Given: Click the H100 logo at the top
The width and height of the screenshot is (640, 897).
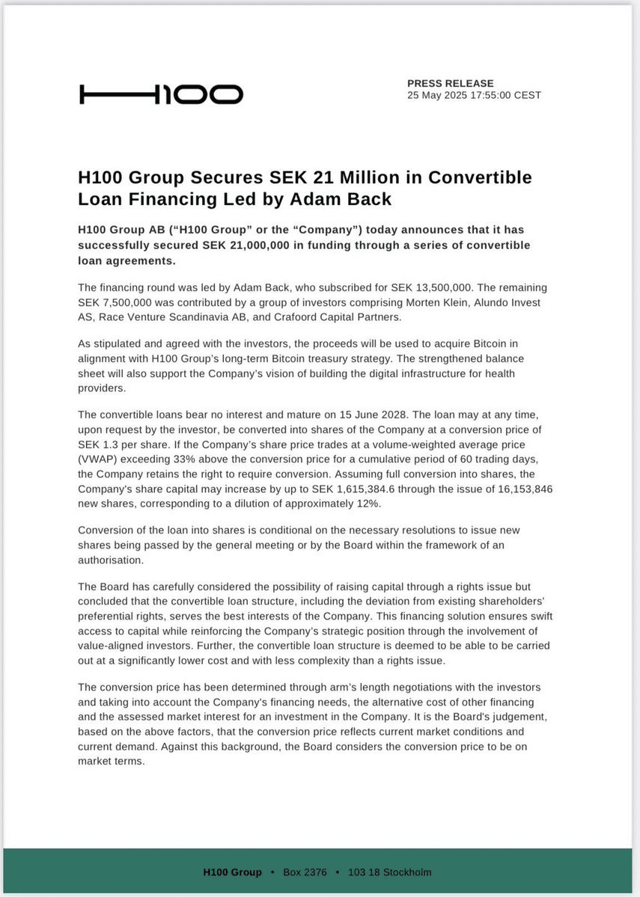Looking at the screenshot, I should coord(161,94).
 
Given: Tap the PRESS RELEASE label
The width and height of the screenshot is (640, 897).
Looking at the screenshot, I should coord(450,83).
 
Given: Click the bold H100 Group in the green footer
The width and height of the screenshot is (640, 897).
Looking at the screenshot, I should coord(232,872).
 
